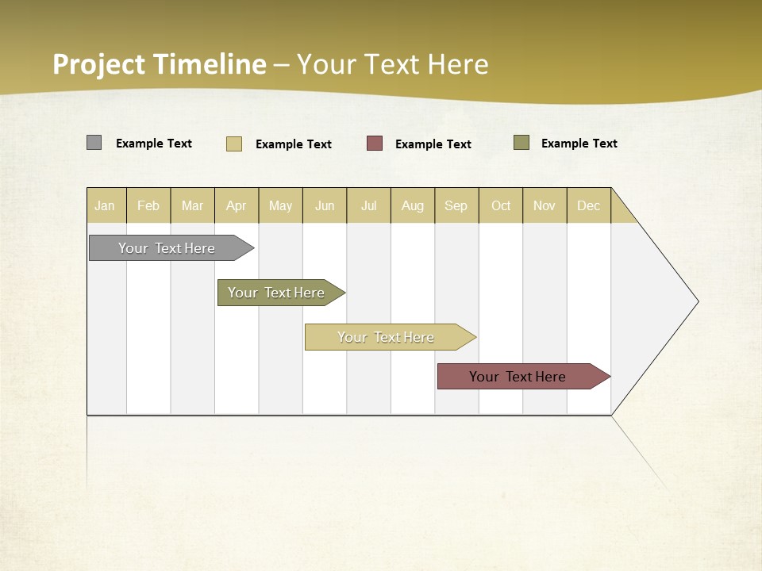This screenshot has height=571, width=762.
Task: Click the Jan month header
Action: pos(105,205)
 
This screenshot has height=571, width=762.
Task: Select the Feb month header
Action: pos(148,205)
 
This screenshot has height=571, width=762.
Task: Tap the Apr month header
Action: pos(237,205)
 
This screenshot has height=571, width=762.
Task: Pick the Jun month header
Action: pos(325,205)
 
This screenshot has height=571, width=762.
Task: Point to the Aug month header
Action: pos(413,205)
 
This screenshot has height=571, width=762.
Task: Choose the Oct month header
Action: pos(501,205)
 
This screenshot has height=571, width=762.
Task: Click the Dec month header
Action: pos(588,205)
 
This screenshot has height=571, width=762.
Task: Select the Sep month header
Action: pos(456,205)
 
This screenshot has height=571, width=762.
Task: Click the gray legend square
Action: pos(94,143)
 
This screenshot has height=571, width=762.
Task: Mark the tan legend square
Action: pos(234,144)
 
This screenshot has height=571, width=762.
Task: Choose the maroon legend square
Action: pos(375,144)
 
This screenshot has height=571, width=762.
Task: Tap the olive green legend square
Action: pos(521,143)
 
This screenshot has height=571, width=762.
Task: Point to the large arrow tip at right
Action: pos(675,301)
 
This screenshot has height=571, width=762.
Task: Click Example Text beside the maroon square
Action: pos(433,144)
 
